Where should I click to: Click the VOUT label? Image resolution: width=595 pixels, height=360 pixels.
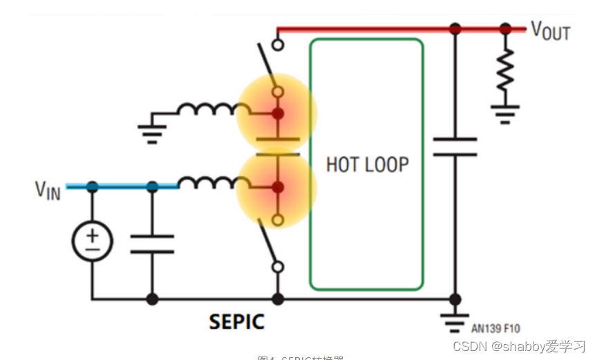pyautogui.click(x=550, y=30)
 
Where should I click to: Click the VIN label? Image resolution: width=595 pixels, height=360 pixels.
pyautogui.click(x=48, y=190)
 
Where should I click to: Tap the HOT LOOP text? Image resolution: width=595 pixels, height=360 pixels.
pyautogui.click(x=367, y=164)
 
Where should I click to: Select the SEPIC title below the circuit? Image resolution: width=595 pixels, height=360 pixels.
pyautogui.click(x=236, y=321)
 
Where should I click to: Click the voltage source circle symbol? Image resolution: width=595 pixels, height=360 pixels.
pyautogui.click(x=93, y=241)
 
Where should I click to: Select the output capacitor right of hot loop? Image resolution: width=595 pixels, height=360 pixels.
pyautogui.click(x=455, y=146)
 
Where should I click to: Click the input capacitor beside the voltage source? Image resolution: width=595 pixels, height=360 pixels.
pyautogui.click(x=152, y=243)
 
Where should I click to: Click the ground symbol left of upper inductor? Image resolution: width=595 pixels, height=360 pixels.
pyautogui.click(x=153, y=131)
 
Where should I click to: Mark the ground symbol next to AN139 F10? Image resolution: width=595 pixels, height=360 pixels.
pyautogui.click(x=455, y=321)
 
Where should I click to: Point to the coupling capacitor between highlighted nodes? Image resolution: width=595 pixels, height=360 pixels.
pyautogui.click(x=277, y=146)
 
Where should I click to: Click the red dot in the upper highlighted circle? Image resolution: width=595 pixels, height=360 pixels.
pyautogui.click(x=277, y=113)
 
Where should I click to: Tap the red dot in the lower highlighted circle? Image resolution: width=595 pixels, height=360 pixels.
pyautogui.click(x=277, y=187)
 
